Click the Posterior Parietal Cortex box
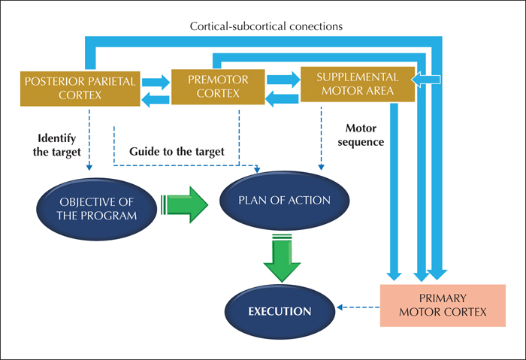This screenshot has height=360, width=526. (80, 89)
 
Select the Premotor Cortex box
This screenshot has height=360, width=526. (218, 86)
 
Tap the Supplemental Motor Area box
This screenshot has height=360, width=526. (358, 84)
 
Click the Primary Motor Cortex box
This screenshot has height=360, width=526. (443, 305)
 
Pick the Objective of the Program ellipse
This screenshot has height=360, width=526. (97, 209)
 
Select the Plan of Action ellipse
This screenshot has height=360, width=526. (285, 201)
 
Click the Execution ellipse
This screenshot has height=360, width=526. (280, 312)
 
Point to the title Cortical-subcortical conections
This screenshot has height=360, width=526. (266, 26)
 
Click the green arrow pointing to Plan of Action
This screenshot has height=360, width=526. (185, 204)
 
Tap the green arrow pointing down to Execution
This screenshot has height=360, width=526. (282, 258)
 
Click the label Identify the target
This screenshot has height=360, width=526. (56, 145)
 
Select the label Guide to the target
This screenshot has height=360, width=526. (177, 151)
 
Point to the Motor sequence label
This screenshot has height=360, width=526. (361, 135)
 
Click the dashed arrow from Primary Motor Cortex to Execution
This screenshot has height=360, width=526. (358, 307)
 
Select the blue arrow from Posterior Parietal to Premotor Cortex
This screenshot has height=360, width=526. (156, 82)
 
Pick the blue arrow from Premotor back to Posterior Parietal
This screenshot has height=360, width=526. (156, 100)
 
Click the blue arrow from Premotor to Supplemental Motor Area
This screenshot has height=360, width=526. (283, 80)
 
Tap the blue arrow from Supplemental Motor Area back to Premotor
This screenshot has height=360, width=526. (282, 99)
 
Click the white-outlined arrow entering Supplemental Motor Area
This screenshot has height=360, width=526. (426, 80)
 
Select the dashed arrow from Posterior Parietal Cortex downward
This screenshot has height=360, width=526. (89, 140)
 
